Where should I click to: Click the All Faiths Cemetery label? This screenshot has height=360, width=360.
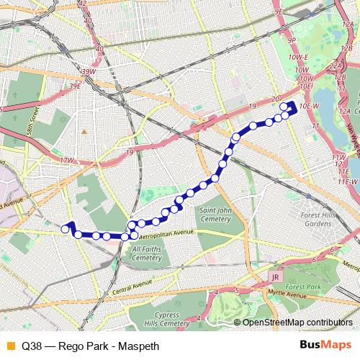click(147, 253)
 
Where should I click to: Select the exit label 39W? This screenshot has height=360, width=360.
click(88, 72)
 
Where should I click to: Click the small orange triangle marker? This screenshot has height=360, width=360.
click(84, 132)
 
